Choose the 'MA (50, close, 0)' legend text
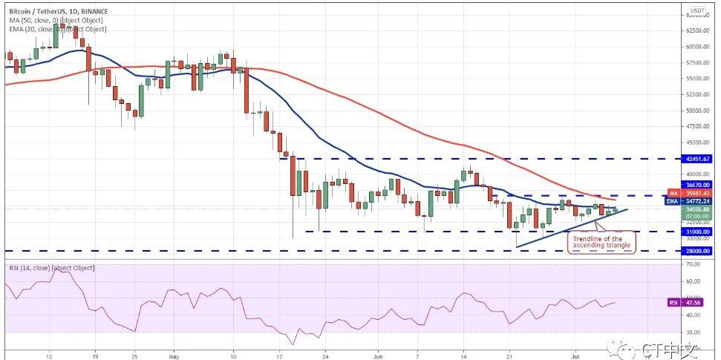(55, 21)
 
